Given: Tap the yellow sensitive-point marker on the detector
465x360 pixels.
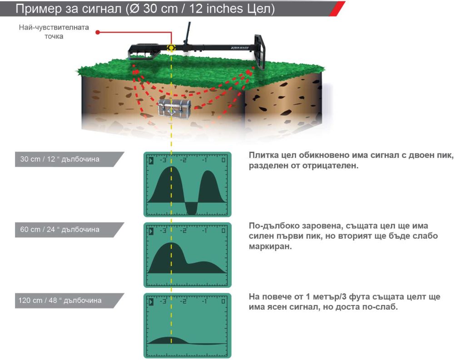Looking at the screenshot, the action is click(171, 48).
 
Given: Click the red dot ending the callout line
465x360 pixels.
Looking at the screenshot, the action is click(98, 32).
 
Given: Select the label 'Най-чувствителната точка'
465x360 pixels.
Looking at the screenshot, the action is click(54, 32).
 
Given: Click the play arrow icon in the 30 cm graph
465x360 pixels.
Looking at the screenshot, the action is click(151, 160).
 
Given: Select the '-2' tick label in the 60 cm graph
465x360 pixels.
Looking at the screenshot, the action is click(183, 231).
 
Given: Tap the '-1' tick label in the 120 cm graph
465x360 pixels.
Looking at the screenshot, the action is click(204, 301).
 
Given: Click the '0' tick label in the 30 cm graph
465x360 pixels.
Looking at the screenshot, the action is click(223, 160).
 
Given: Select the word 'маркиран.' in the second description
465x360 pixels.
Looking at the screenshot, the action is click(270, 247).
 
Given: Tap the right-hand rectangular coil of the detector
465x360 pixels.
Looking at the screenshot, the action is click(260, 52).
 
